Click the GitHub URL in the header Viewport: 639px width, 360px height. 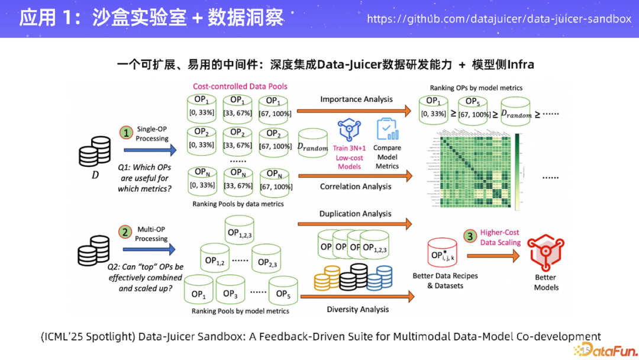point(499,18)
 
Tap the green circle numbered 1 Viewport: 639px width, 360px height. point(126,133)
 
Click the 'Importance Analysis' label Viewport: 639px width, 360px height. point(356,99)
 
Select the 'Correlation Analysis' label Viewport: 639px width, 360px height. point(356,187)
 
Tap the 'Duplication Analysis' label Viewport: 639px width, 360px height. point(355,213)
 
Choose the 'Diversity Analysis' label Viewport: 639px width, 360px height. point(358,309)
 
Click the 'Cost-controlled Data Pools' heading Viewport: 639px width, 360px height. point(240,86)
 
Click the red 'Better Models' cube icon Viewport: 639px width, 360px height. point(546,252)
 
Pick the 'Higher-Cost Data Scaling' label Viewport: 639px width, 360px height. point(500,237)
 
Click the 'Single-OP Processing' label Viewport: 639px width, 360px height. point(152,133)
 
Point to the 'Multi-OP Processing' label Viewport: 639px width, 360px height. point(151,234)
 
